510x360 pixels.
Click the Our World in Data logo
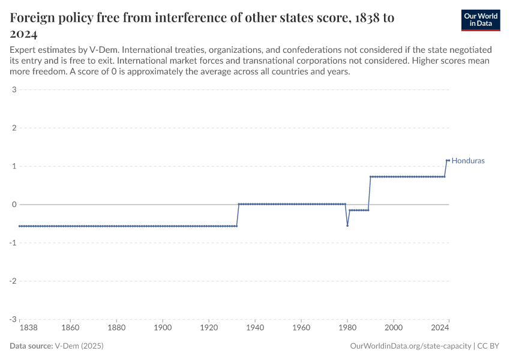point(480,20)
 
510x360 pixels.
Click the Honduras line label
point(468,161)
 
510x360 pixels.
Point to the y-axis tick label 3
point(13,90)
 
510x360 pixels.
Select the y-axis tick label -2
point(12,281)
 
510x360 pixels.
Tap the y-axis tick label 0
point(13,205)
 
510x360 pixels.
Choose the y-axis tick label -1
point(12,243)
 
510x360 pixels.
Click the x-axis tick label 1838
point(19,328)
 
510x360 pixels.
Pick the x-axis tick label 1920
point(209,328)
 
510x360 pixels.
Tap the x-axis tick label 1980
point(347,328)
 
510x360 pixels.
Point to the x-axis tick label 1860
point(70,328)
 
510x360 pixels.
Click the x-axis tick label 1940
point(255,328)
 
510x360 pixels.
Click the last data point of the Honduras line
point(448,160)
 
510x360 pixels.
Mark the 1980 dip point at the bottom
point(347,226)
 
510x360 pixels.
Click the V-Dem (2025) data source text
point(74,346)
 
